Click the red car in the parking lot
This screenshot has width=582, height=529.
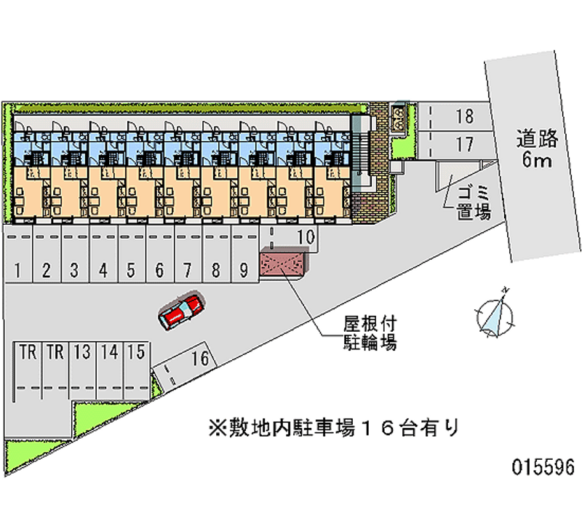[181, 310]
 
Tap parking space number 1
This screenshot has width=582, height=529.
[17, 271]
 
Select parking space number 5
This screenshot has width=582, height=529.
[131, 271]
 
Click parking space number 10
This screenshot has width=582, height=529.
[306, 236]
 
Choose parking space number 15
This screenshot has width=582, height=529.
[135, 353]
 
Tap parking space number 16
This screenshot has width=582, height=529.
[202, 358]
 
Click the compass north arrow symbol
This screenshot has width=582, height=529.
[495, 313]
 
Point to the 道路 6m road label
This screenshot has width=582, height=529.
[536, 148]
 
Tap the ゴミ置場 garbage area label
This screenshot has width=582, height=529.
[474, 203]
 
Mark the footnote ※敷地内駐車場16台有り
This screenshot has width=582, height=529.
[332, 427]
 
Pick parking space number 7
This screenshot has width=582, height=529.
[187, 271]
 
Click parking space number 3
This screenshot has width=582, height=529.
[74, 271]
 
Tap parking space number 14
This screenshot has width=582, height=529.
[109, 353]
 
